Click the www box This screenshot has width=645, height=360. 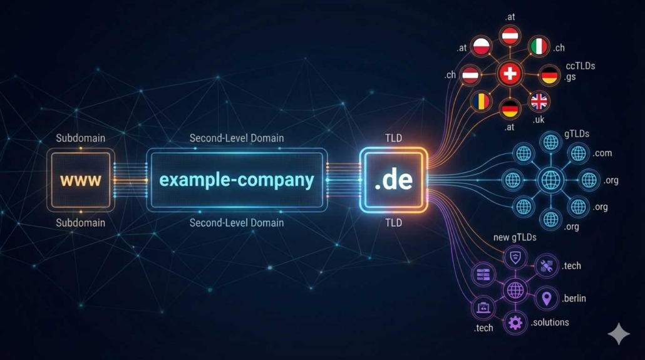(81, 180)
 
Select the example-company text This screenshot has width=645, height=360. (236, 180)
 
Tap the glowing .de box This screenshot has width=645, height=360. (393, 180)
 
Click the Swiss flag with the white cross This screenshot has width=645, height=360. (510, 74)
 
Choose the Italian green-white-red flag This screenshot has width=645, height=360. (539, 46)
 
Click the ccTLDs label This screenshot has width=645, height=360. (580, 66)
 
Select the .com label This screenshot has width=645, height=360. (602, 153)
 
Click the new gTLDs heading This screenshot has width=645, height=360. (515, 237)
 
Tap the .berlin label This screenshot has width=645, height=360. (574, 298)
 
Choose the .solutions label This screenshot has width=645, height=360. (550, 322)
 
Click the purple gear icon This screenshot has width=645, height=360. (515, 323)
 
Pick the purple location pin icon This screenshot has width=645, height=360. (546, 298)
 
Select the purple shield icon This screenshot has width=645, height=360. (515, 257)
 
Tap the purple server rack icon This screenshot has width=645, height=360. (483, 274)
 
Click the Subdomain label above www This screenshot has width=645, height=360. (81, 138)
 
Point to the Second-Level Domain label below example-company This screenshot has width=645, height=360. (236, 223)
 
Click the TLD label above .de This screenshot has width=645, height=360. (393, 138)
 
